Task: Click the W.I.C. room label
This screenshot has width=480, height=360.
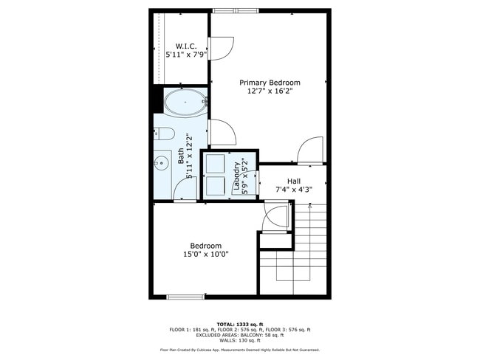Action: point(186,46)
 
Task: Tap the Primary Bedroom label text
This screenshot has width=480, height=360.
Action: point(270,83)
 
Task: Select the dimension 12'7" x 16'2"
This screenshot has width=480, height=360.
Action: point(270,91)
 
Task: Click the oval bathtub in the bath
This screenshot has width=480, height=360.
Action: point(185,103)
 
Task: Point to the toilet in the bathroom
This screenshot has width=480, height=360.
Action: point(164,134)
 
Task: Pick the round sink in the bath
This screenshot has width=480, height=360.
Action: point(160,162)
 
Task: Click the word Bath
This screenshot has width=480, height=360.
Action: point(181,156)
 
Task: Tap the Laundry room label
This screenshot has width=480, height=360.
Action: point(236,176)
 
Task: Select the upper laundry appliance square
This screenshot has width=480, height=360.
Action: point(215,164)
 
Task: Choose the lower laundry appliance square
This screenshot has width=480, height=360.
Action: point(215,186)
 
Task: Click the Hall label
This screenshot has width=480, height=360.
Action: point(294,181)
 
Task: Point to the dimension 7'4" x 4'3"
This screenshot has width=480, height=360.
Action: point(294,190)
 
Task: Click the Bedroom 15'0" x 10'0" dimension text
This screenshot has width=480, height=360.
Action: point(206,255)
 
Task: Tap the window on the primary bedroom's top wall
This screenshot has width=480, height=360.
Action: point(236,11)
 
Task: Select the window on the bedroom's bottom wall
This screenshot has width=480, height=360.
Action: point(185,297)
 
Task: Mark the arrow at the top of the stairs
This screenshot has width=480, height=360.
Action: point(310,205)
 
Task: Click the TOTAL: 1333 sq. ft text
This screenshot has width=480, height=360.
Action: point(240,324)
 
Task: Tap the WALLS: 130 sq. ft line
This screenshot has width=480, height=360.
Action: point(240,340)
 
